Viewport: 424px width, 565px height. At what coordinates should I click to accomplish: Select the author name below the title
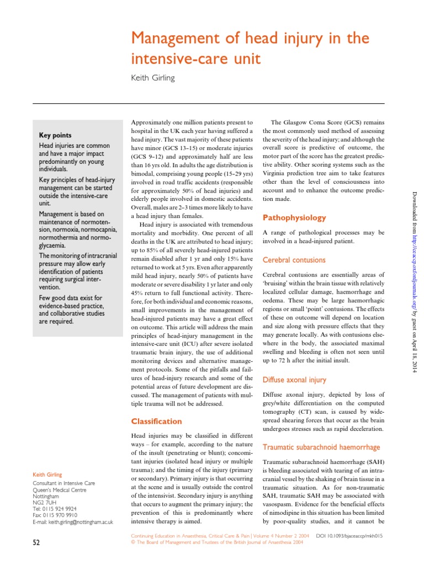tap(152, 78)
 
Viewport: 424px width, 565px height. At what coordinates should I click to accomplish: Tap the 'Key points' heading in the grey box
tap(55, 135)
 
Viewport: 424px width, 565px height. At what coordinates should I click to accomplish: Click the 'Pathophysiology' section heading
tap(294, 218)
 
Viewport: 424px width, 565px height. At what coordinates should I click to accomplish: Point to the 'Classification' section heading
tap(156, 422)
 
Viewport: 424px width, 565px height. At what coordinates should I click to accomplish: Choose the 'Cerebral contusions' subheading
tap(294, 260)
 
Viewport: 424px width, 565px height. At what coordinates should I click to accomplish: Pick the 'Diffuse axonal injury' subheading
tap(294, 380)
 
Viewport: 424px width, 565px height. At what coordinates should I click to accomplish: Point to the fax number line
tap(55, 514)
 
